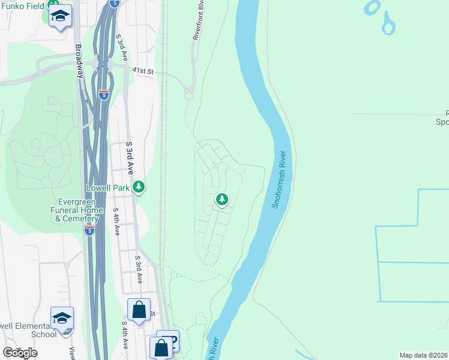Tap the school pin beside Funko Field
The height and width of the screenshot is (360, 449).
point(60,16)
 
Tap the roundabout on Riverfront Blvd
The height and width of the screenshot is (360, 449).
point(188,94)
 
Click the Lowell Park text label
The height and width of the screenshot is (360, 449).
point(109,188)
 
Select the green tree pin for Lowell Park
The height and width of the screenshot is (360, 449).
point(139,188)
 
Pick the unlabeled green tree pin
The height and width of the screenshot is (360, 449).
point(222,199)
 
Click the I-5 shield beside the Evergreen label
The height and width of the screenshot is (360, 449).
point(89,231)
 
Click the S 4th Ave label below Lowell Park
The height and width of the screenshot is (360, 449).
point(116,221)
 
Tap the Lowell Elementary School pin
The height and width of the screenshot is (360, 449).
point(62,318)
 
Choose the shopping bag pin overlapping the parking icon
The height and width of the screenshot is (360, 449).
point(162,347)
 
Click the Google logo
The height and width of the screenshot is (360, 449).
point(19,353)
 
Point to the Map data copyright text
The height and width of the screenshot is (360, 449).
point(424,355)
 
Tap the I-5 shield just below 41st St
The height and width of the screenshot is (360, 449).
point(103,95)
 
